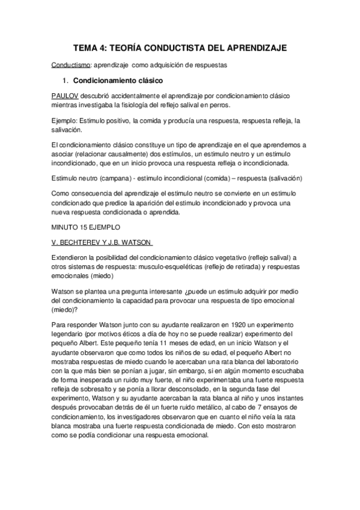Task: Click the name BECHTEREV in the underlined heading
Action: click(82, 242)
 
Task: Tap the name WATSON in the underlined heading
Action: click(138, 242)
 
